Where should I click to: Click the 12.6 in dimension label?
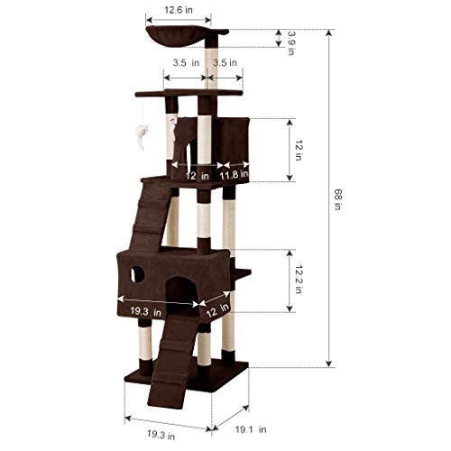pos(179,10)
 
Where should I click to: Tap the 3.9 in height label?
pos(290,42)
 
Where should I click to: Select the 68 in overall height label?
pos(338,199)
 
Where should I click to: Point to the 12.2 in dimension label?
pos(299,279)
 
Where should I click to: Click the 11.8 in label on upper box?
pos(234,174)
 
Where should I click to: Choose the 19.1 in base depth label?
pos(251,429)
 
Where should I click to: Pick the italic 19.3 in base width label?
pos(161,435)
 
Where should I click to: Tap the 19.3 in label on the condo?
pos(146,311)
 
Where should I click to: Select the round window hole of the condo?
pos(137,274)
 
